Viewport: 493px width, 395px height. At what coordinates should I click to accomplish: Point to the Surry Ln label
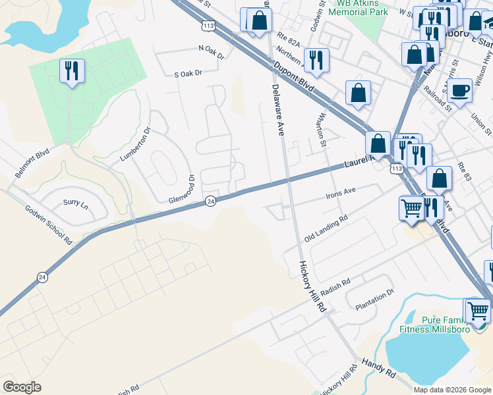[x=75, y=203]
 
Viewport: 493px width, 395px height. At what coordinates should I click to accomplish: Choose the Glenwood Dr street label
[x=182, y=190]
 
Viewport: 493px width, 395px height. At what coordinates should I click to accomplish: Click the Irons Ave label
[x=341, y=192]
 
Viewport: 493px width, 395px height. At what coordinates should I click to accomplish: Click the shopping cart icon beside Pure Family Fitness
[x=478, y=309]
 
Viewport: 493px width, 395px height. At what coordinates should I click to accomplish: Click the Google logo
[x=22, y=387]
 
